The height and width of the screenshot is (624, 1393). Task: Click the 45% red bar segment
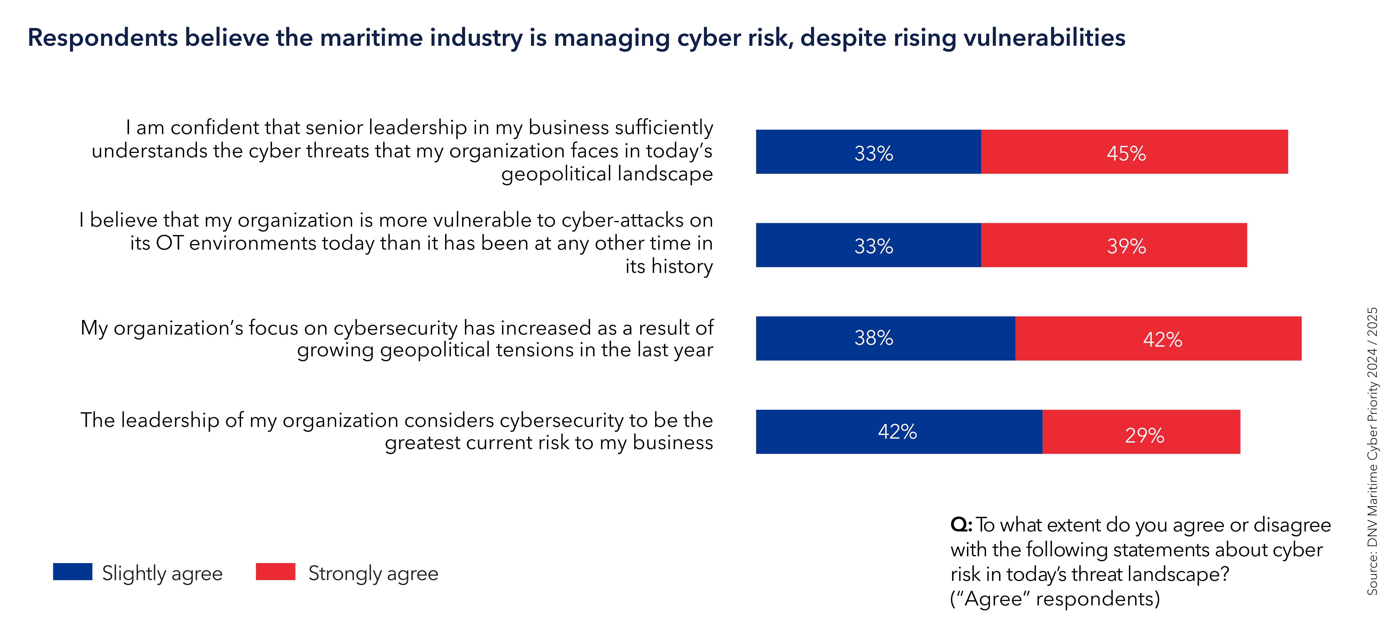(1134, 152)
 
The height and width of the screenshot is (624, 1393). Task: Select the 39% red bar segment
(1114, 245)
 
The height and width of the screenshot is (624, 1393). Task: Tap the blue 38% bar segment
(885, 338)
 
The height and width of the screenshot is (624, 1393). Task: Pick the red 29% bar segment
(1141, 432)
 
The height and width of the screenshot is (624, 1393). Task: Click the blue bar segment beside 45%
(868, 152)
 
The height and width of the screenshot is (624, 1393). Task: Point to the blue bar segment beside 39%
(868, 245)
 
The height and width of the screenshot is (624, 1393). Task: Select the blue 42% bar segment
(899, 432)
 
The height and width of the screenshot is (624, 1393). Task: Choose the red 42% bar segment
(1158, 338)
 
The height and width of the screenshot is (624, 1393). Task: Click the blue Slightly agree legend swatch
(72, 571)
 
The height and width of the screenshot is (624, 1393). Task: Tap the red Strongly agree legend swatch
(275, 571)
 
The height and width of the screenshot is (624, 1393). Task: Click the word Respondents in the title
(103, 38)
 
